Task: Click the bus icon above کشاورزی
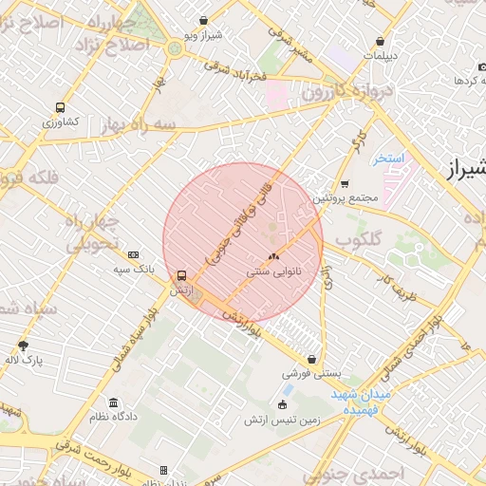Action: tap(61, 108)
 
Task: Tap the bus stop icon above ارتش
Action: tap(181, 275)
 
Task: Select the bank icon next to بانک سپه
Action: tap(133, 254)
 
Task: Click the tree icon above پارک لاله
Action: tap(24, 346)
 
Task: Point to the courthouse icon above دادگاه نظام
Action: tap(114, 402)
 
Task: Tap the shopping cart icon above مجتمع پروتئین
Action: tap(344, 184)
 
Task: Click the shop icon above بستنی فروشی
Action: tap(311, 360)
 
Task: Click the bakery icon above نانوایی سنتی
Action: tap(273, 256)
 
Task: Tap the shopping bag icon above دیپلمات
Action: tap(381, 42)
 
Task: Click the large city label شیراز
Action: tap(465, 171)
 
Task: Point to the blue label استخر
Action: tap(389, 158)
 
